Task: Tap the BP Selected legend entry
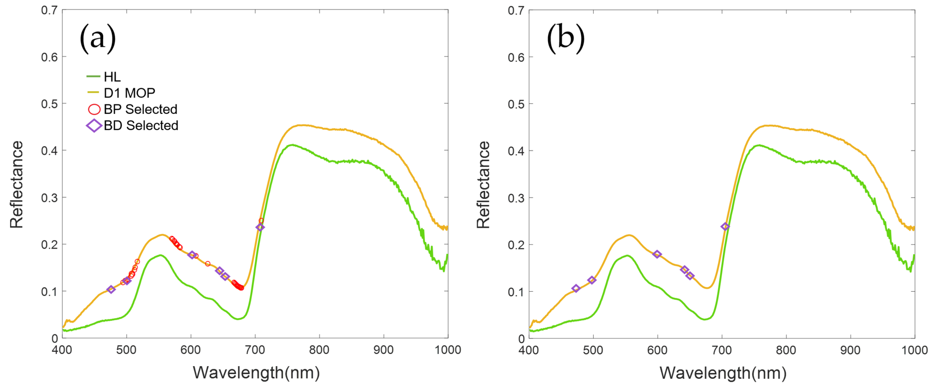coord(140,109)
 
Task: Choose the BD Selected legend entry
coord(141,125)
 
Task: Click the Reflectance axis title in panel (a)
coord(16,185)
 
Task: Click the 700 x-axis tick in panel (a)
coord(255,350)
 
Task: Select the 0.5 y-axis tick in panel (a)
coord(49,104)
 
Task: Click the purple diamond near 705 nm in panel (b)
coord(725,227)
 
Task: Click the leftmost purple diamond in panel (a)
coord(111,289)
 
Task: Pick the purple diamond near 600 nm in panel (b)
coord(657,254)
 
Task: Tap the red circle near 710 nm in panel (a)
coord(261,220)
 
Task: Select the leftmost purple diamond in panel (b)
coord(576,288)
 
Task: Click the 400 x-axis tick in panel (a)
coord(62,350)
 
